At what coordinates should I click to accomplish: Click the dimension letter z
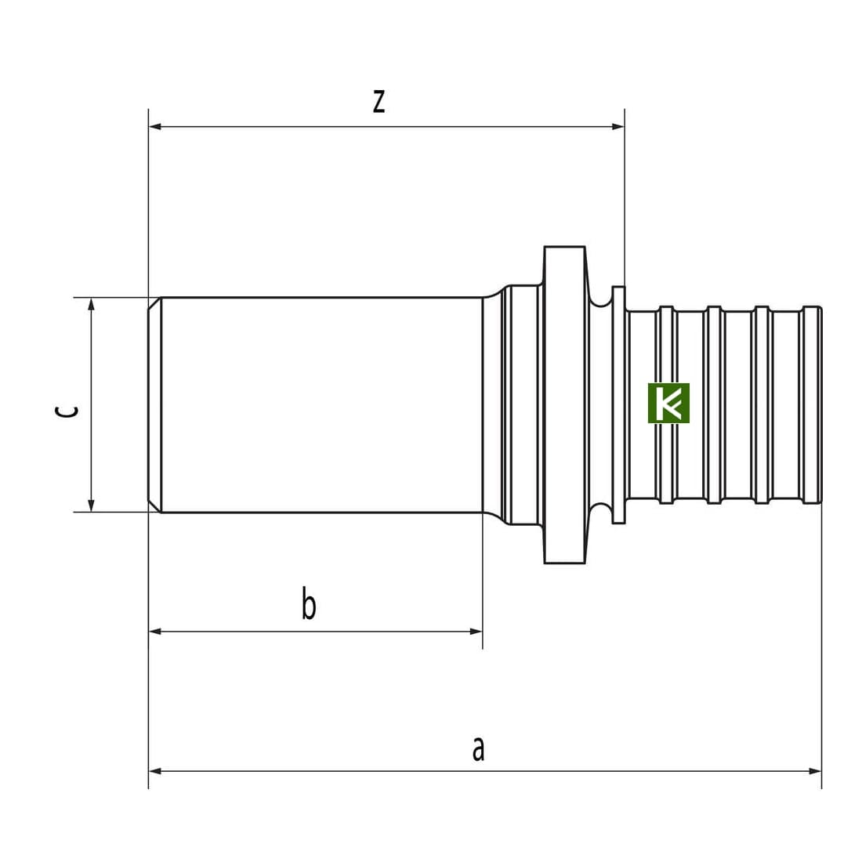378,101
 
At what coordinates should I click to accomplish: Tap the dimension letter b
309,603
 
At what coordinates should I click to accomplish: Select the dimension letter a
478,749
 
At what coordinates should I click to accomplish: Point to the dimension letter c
67,411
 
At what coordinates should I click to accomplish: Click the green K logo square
668,403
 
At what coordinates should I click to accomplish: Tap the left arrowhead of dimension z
155,126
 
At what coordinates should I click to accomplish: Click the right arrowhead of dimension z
618,126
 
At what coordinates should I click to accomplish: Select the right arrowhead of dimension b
476,632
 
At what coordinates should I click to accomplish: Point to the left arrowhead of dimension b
155,632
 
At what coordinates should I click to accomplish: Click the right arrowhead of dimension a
815,771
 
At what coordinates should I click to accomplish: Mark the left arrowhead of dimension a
155,771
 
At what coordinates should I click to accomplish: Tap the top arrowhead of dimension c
91,304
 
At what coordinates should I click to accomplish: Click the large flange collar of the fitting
564,404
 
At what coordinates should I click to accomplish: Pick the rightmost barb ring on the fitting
812,404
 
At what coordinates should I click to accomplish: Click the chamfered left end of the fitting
155,404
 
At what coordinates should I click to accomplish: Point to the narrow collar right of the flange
618,404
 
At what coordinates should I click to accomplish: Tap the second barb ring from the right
762,404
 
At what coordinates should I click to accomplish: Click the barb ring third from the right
714,404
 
